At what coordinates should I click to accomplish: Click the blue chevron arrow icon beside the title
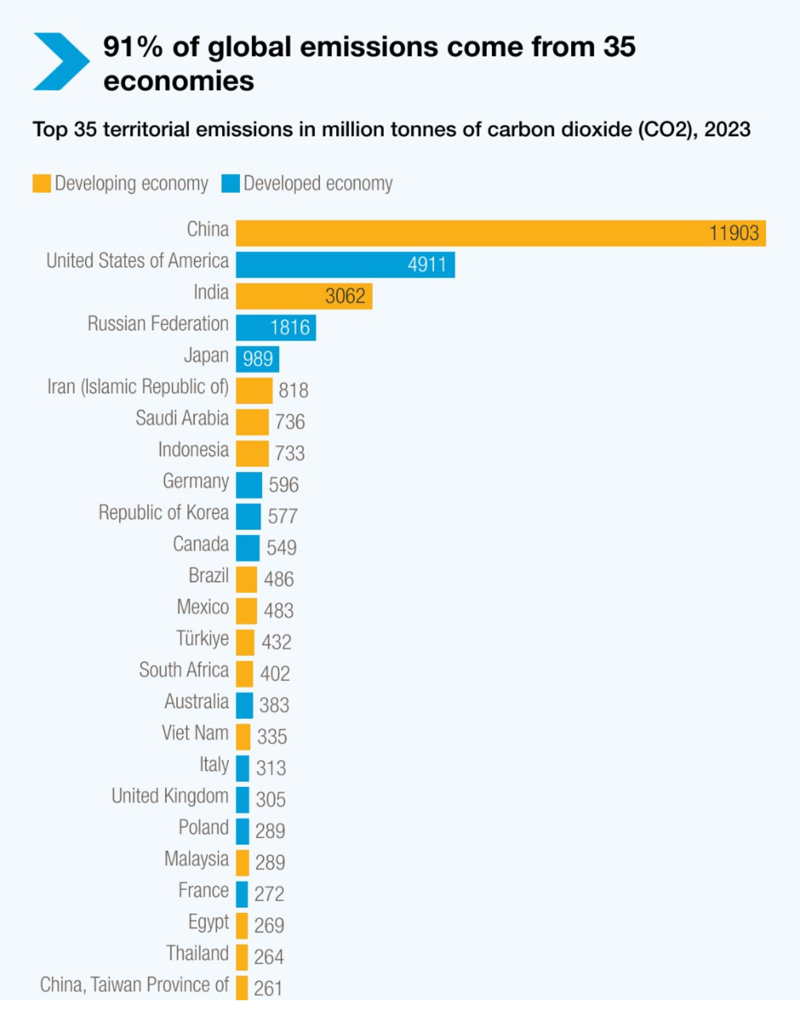coord(61,61)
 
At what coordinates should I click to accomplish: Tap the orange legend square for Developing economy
coord(42,184)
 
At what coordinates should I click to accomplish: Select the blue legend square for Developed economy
coord(231,184)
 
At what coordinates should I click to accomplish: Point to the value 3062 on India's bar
coord(345,296)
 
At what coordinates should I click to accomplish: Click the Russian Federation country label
coord(158,324)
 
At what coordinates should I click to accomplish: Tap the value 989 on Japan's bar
coord(257,359)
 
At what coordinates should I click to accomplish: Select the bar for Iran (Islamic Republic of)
coord(254,391)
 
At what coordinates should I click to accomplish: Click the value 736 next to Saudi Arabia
coord(290,422)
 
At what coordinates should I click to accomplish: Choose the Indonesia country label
coord(193,450)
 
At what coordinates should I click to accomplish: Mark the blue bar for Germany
coord(249,485)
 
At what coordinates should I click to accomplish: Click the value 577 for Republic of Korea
coord(282,516)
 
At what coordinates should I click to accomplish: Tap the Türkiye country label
coord(202,639)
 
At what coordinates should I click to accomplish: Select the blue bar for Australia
coord(244,705)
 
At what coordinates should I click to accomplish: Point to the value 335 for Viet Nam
coord(272,737)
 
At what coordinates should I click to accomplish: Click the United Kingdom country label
coord(170,796)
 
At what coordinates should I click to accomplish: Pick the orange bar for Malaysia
coord(242,863)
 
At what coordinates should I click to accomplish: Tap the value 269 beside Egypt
coord(269,925)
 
